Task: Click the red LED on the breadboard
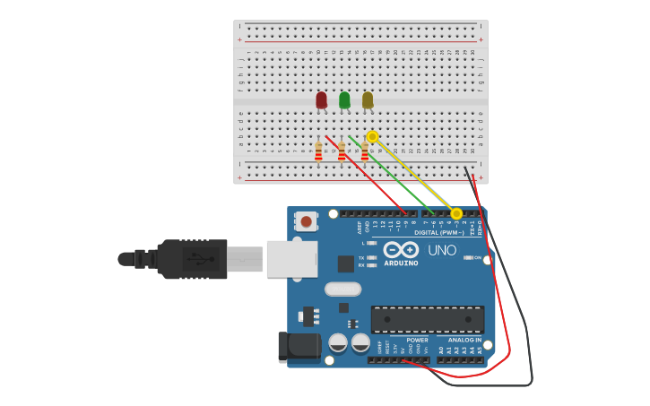click(321, 99)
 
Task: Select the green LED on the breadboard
click(344, 99)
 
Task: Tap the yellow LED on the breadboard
click(368, 99)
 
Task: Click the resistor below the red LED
click(318, 152)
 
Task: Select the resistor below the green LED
click(342, 151)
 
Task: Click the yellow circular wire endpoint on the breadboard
click(373, 136)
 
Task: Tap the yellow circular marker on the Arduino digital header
click(456, 213)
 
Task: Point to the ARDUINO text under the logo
click(401, 263)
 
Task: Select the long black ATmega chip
click(428, 320)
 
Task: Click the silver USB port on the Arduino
click(291, 258)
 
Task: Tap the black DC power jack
click(299, 347)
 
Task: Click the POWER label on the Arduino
click(417, 341)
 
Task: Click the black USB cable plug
click(192, 259)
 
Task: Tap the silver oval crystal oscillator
click(342, 289)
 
